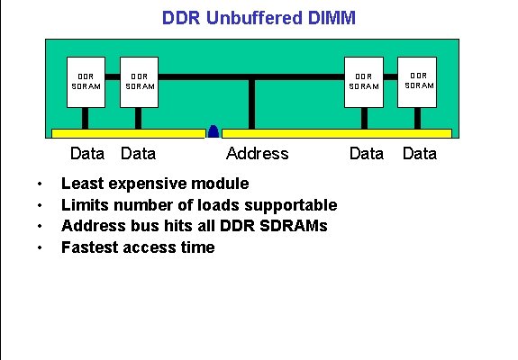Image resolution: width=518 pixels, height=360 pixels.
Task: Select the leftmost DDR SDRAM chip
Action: [86, 82]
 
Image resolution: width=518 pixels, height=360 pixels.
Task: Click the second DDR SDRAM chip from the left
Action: [139, 82]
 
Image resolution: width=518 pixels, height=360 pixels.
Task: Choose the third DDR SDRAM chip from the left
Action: [364, 82]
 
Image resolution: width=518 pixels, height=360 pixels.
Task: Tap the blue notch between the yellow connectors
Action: [214, 131]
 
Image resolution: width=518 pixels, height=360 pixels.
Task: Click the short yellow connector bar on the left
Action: [129, 133]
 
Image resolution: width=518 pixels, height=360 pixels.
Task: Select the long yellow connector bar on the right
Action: [336, 133]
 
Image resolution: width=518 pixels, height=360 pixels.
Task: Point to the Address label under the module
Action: [257, 153]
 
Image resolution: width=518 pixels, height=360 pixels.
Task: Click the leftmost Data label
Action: [87, 153]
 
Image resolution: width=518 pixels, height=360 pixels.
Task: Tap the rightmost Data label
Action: [419, 153]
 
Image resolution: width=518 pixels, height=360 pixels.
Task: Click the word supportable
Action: [286, 205]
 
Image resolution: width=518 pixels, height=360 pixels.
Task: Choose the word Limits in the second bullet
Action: [84, 205]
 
